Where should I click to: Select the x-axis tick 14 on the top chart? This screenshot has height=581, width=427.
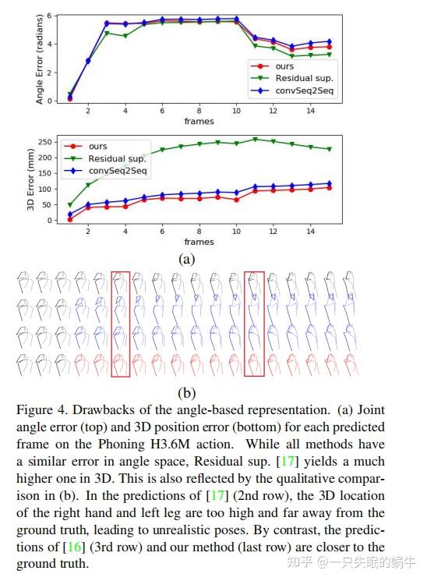pos(310,112)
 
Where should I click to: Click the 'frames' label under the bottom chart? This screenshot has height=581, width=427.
pos(199,242)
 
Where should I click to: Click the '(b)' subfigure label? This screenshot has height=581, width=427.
pos(187,392)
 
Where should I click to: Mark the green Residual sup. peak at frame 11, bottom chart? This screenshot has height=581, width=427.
pos(254,139)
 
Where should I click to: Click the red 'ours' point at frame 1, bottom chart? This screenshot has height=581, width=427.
pos(70,219)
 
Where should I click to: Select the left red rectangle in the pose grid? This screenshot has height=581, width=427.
pos(120,324)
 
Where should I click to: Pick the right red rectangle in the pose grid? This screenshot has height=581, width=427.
pos(254,324)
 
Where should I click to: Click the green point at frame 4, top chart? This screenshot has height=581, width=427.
pos(125,36)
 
